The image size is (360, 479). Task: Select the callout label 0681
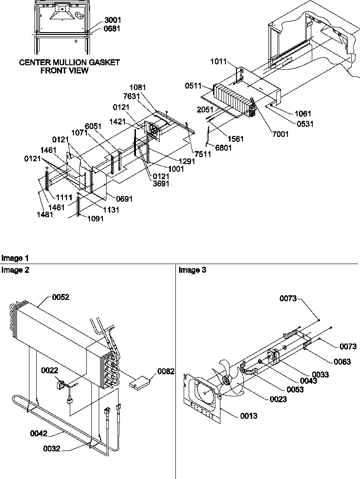pos(113,28)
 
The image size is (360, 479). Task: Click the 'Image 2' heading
pos(15,270)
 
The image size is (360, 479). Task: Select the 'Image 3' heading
pos(192,270)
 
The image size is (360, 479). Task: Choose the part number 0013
pos(248,416)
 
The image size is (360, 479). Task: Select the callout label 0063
pos(342,362)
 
